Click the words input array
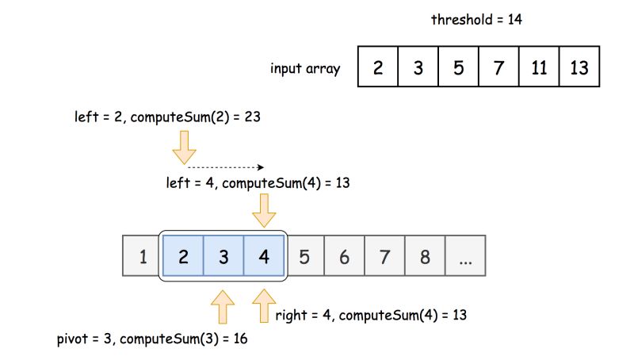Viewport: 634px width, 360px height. click(x=305, y=68)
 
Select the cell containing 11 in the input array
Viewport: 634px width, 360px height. click(x=539, y=67)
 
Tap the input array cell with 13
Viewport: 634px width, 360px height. click(x=579, y=67)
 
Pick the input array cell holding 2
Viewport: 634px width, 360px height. click(x=378, y=67)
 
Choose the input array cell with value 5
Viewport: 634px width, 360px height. click(x=459, y=67)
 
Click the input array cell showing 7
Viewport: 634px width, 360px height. click(x=499, y=67)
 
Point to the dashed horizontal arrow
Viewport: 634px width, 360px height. click(x=224, y=167)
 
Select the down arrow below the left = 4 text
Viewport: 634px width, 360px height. click(x=264, y=210)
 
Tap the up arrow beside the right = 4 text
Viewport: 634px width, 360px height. click(x=264, y=305)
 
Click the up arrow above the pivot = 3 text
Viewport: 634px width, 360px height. click(x=223, y=305)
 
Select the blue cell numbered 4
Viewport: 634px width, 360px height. click(x=264, y=256)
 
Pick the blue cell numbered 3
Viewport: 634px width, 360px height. click(x=223, y=256)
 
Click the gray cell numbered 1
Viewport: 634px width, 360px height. click(x=143, y=256)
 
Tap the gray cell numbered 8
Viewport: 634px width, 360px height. click(x=425, y=256)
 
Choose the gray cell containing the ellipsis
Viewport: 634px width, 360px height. click(x=465, y=256)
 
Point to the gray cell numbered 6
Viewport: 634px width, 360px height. click(x=344, y=256)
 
